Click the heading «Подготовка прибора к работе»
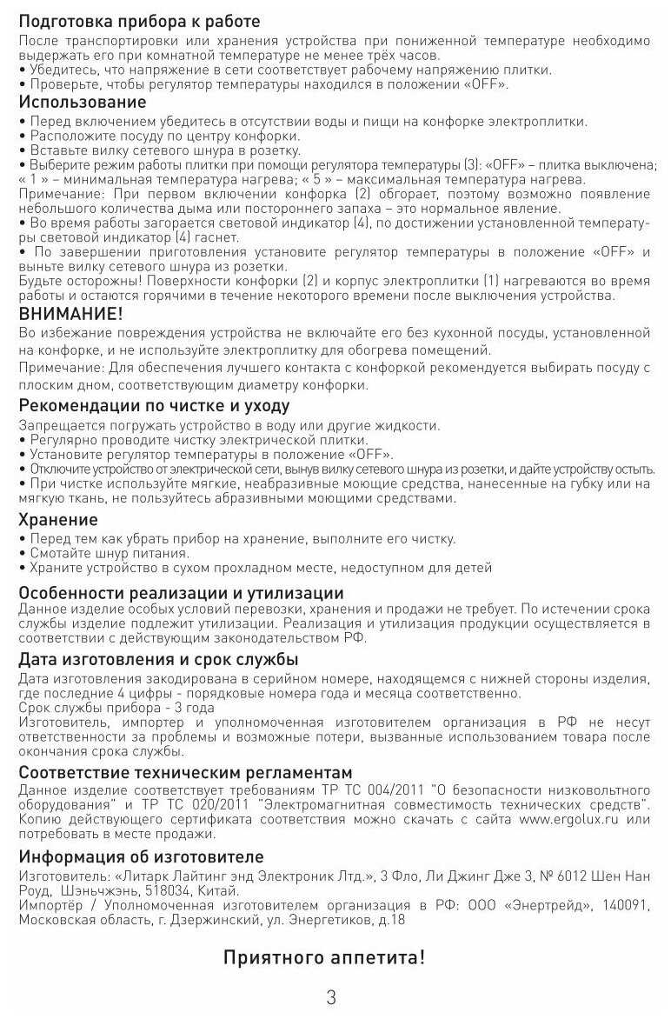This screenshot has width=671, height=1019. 139,20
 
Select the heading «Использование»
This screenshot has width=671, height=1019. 83,103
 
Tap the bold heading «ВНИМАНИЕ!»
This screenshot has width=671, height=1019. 71,314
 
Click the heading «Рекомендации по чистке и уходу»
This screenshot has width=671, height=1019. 154,406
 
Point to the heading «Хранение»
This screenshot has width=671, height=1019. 58,520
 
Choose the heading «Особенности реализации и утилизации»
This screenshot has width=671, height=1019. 181,593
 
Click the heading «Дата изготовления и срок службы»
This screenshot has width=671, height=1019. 158,659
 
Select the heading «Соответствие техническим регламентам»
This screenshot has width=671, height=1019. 185,772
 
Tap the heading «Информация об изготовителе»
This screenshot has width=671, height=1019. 141,856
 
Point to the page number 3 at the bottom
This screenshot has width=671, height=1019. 331,997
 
